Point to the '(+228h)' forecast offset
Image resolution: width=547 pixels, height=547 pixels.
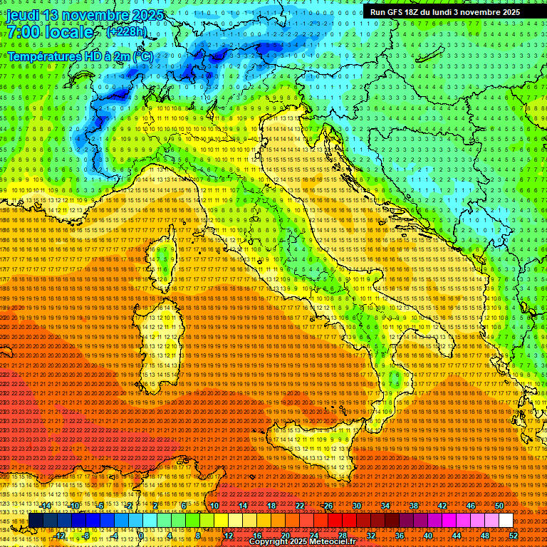coord(127,32)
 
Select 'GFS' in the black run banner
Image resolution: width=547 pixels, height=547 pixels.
coord(395,12)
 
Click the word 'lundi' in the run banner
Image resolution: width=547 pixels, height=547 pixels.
coord(452,12)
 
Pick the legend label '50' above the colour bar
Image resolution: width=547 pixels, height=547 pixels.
coord(499,506)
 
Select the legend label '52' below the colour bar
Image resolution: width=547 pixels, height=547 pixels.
coord(514,535)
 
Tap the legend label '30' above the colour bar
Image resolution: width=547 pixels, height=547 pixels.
coord(357,506)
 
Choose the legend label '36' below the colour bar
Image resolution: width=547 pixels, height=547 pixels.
coord(400,535)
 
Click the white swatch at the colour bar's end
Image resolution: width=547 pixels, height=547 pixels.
coord(506,521)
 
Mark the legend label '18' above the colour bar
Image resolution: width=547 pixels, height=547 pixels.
coord(271,506)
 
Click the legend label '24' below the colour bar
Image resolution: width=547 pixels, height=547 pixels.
coord(314,535)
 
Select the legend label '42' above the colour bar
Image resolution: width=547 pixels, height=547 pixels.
coord(442,506)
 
